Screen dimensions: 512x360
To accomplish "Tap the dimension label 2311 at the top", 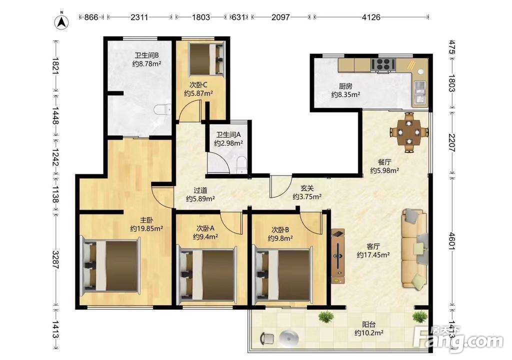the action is pos(139,17).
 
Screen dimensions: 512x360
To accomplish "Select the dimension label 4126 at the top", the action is pos(371,17).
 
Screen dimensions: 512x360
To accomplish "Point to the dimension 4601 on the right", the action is pos(451,241).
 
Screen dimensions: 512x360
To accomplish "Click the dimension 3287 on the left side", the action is pos(55,259).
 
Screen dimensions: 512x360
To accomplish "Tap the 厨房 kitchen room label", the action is pos(345,86).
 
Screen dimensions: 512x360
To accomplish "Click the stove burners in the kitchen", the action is pos(382,64).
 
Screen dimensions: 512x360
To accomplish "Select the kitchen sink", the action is pos(419,92).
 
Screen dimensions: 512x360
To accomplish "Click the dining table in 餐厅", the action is pos(409,132).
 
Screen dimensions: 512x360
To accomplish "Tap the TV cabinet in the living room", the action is pos(338,256).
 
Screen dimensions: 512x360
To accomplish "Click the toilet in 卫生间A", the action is pos(241,163).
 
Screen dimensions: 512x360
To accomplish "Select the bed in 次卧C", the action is pos(206,58).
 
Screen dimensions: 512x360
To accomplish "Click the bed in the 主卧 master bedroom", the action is pos(110,266).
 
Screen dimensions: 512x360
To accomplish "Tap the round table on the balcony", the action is pos(289,338).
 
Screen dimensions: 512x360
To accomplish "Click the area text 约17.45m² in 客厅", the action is pos(373,255).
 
